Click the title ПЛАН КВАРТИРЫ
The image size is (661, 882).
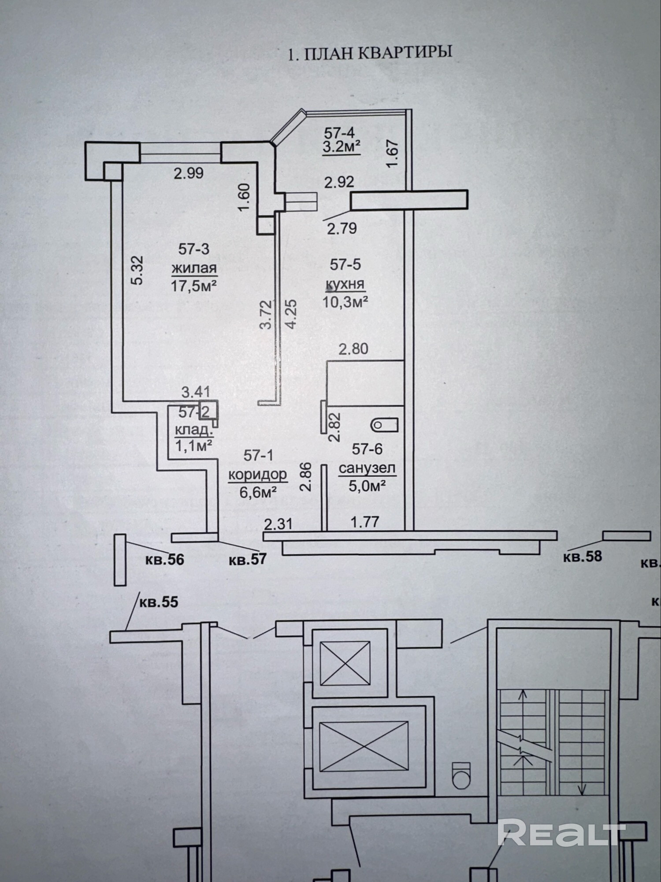(370, 53)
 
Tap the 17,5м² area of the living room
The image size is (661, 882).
(193, 286)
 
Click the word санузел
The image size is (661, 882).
(367, 468)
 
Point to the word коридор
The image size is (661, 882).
(258, 475)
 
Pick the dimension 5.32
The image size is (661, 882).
(137, 270)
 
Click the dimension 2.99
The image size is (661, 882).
(189, 173)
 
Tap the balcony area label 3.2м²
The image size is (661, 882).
(342, 146)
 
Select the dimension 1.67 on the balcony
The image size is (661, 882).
(392, 153)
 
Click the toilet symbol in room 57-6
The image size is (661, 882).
(384, 425)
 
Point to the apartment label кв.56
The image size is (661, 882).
(164, 560)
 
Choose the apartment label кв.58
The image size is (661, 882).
(582, 556)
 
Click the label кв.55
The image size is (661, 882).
(159, 602)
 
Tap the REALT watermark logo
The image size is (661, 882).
(562, 832)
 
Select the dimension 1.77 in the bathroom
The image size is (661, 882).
(365, 522)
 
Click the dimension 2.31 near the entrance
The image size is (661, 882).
(278, 524)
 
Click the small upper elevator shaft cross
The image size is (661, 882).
(345, 663)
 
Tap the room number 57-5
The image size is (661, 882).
(345, 264)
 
